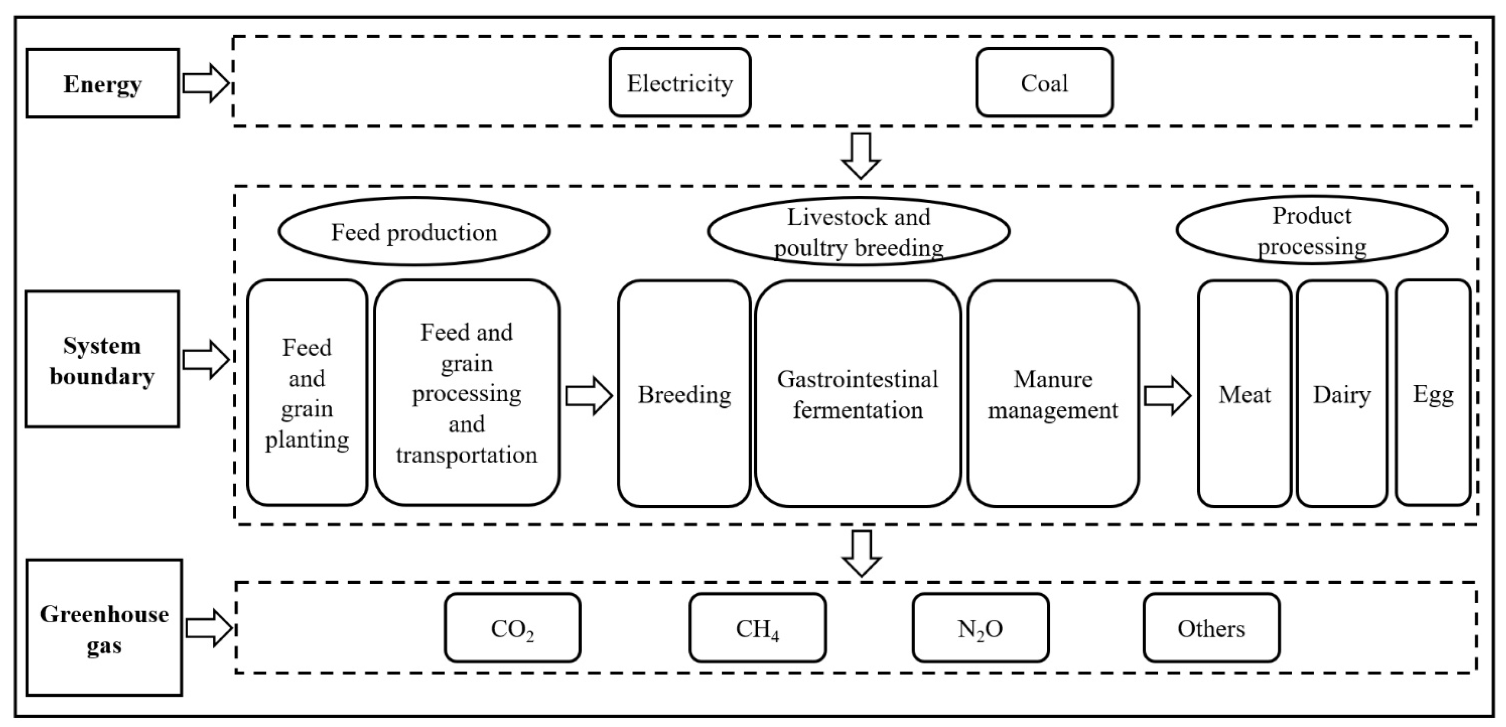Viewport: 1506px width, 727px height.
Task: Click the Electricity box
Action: click(680, 82)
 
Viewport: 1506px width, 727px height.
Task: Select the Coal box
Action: click(1044, 82)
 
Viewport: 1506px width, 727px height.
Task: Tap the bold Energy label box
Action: click(103, 83)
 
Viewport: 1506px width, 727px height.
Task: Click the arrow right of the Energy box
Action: click(205, 83)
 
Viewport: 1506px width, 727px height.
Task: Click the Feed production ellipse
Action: click(414, 232)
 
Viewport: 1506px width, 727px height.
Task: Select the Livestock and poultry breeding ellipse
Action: click(858, 232)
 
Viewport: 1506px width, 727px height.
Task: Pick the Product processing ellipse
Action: click(1312, 230)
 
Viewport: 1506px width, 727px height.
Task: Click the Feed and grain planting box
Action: click(307, 393)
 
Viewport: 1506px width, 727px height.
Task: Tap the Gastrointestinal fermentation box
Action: click(857, 393)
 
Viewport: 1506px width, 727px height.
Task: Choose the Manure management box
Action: click(1053, 393)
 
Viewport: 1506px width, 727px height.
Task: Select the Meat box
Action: click(1244, 393)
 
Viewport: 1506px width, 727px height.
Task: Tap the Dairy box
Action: click(1341, 393)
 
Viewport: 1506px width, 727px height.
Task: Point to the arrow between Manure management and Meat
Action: click(1167, 396)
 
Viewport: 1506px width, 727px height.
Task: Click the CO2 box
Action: click(512, 628)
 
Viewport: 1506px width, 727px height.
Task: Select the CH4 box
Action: click(757, 628)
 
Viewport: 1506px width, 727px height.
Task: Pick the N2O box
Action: click(980, 628)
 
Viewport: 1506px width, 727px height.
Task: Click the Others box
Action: click(1211, 628)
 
